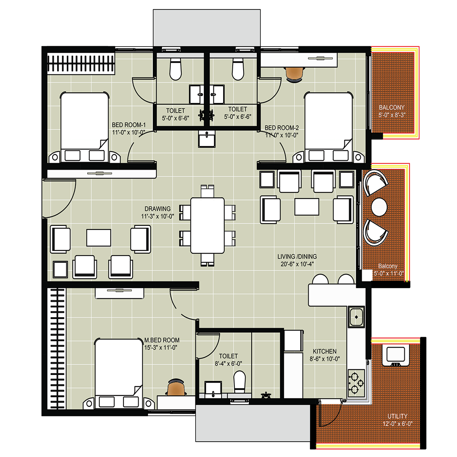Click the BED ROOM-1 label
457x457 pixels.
point(129,125)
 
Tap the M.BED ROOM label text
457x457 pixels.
point(162,340)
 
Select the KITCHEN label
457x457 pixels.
point(325,352)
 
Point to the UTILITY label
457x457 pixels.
point(397,416)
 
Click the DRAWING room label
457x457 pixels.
point(158,209)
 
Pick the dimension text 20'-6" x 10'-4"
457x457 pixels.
point(297,264)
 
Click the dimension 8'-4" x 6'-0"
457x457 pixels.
point(228,364)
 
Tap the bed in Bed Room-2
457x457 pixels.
point(328,127)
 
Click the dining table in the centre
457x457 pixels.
point(207,225)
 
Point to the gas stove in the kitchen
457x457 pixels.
point(356,383)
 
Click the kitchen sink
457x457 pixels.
point(356,317)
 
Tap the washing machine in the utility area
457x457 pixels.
point(396,355)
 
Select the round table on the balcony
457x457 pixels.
point(379,207)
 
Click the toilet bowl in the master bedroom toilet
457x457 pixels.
point(240,381)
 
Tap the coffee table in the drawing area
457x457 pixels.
point(98,238)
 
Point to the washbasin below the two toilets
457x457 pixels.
point(207,139)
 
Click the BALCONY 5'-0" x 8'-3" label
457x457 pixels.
point(392,111)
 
